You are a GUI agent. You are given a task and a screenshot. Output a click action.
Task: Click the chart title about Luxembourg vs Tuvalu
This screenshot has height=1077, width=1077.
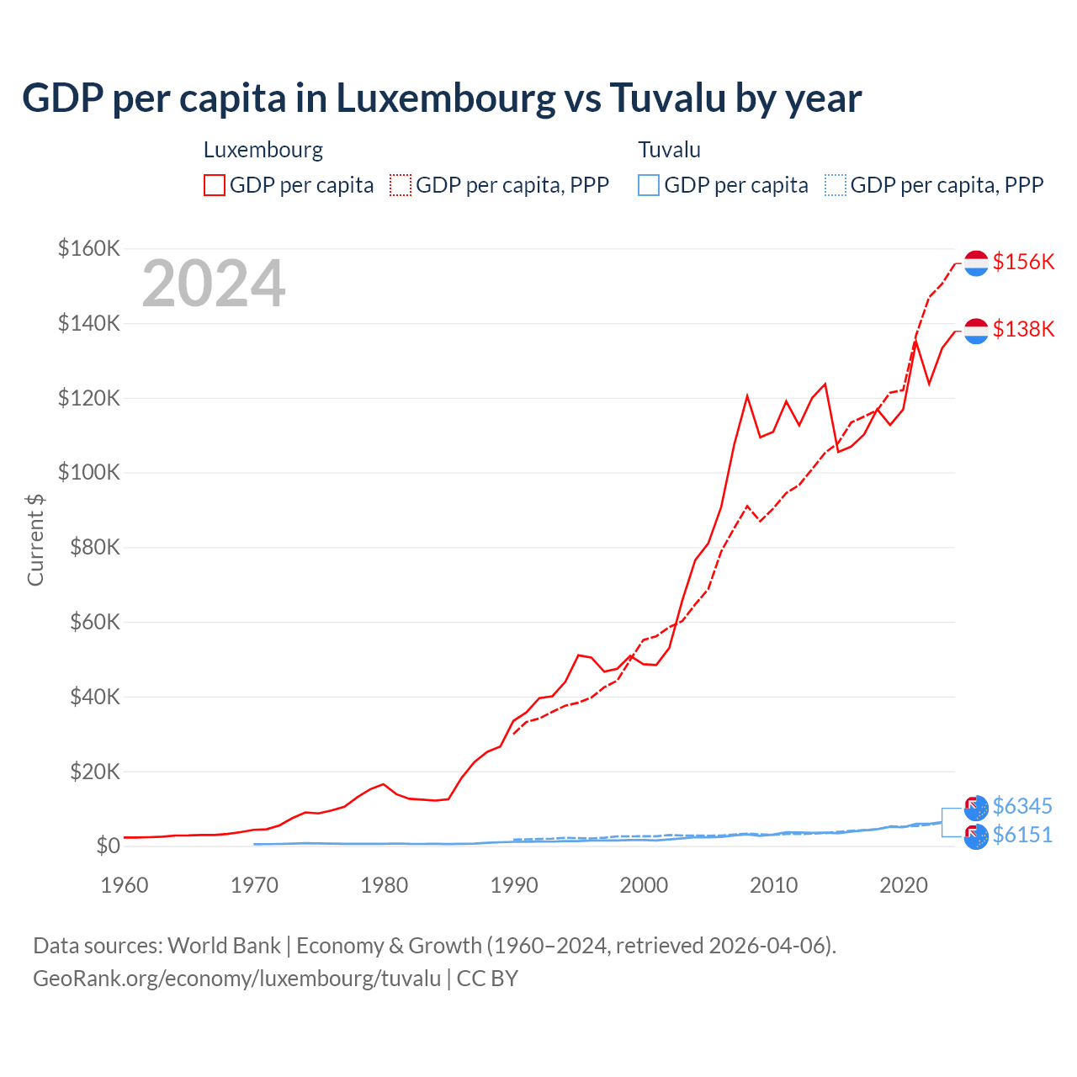(442, 98)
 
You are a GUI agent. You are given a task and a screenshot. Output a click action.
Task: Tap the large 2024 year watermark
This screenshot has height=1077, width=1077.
(214, 284)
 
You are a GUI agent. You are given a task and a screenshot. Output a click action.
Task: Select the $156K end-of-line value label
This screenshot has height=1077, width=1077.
(1023, 262)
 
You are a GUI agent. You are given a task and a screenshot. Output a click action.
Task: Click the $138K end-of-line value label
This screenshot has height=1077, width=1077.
(1023, 329)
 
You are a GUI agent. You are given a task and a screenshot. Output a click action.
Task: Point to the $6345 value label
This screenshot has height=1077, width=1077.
(1022, 806)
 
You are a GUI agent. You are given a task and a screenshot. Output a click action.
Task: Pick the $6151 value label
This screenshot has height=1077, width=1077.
(1022, 835)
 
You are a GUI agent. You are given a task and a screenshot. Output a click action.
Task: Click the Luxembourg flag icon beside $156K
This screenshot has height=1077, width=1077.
(976, 263)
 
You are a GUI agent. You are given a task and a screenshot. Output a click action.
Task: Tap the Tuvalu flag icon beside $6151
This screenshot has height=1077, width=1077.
(976, 836)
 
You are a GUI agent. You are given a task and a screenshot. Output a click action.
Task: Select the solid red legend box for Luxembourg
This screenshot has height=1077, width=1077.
(215, 185)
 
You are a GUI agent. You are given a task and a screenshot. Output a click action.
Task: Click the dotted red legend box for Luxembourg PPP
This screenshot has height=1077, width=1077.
(401, 185)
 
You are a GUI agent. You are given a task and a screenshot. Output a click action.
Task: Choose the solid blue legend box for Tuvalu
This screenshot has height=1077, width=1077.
(649, 185)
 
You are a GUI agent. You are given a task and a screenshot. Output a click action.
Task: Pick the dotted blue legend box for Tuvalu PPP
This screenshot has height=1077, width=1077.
(836, 185)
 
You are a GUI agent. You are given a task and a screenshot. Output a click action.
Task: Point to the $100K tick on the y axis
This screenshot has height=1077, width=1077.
(89, 472)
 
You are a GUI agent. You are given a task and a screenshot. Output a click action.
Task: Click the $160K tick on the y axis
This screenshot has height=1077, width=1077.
(89, 248)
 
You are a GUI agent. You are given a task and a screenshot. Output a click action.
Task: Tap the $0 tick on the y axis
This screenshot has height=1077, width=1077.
(107, 846)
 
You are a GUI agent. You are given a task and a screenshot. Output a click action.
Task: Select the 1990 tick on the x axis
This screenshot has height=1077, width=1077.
(514, 885)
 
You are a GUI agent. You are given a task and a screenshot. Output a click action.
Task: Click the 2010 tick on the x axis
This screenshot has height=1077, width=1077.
(773, 885)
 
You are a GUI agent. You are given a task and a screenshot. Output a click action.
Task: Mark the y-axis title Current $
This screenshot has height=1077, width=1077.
(35, 539)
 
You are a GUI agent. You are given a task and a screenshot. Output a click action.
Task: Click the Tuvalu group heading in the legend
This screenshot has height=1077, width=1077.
(669, 150)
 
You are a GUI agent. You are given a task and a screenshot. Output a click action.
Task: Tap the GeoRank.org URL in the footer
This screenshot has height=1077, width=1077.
(236, 979)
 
